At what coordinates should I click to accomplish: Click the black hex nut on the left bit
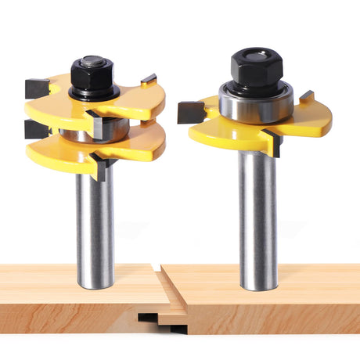click(x=92, y=75)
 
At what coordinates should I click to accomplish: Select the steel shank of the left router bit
click(x=94, y=227)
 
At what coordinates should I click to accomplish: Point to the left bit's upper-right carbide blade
click(x=149, y=80)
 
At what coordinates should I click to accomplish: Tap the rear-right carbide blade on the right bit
click(x=306, y=97)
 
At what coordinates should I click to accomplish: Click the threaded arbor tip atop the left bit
click(x=92, y=59)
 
